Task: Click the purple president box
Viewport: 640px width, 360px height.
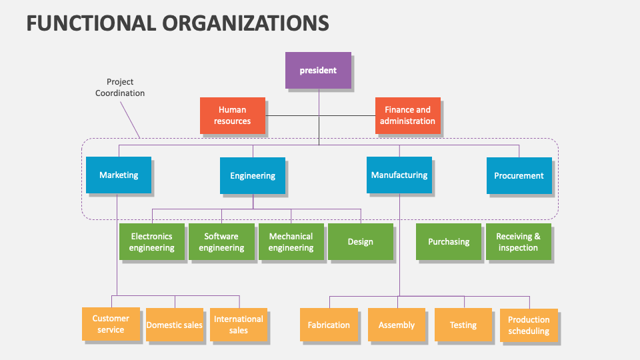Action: tap(318, 70)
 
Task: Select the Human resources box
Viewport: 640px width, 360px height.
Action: tap(232, 115)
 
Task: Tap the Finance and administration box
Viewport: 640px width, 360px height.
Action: tap(407, 115)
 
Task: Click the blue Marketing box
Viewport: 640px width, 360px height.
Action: tap(119, 175)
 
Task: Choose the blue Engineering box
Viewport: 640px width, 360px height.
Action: tap(253, 175)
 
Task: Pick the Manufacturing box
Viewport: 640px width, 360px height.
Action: tap(399, 175)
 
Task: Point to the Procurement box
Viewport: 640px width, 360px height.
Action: tap(519, 175)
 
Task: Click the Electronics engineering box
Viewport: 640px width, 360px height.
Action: tap(151, 241)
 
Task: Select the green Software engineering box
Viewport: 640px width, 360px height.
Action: tap(221, 241)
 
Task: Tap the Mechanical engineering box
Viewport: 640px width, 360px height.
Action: tap(291, 241)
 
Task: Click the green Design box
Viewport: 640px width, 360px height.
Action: tap(360, 241)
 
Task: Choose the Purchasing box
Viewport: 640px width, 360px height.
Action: tap(449, 241)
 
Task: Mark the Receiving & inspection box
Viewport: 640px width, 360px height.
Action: tap(518, 241)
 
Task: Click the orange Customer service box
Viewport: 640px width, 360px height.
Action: tap(111, 324)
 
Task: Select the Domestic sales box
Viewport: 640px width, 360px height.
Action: tap(174, 325)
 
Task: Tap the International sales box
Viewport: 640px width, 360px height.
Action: tap(238, 325)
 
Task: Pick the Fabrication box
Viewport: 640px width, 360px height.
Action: tap(329, 325)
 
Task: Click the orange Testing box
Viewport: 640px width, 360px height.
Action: tap(463, 325)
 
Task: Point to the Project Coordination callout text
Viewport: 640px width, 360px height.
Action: tap(120, 87)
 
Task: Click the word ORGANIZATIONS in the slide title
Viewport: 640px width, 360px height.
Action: tap(245, 23)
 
